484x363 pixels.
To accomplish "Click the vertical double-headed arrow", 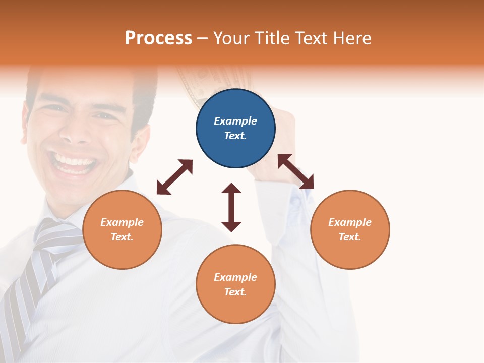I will click(231, 207).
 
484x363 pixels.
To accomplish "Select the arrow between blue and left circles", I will click(174, 177).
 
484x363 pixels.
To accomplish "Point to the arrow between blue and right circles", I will click(295, 171).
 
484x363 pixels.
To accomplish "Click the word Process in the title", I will click(158, 38).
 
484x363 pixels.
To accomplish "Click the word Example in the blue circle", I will click(235, 121).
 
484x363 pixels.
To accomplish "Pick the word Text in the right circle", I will click(348, 237).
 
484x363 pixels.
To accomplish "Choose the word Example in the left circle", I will click(122, 222).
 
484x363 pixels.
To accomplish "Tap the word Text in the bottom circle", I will click(234, 292).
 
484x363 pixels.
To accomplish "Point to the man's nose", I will click(75, 133).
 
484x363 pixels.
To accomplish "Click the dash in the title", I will click(203, 38).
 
